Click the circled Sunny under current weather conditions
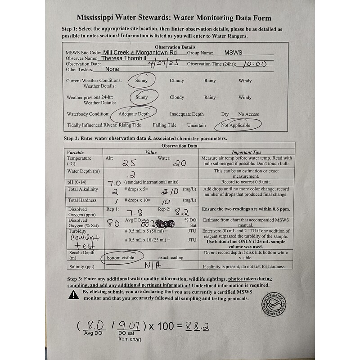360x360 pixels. (141, 81)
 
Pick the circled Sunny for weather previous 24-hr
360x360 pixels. (142, 97)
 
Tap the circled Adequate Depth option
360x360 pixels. (134, 114)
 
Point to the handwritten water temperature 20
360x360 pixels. (180, 164)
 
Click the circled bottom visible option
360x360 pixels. (121, 258)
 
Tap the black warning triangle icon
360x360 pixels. (74, 294)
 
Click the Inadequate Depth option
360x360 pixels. (187, 114)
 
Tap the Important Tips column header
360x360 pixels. (246, 153)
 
